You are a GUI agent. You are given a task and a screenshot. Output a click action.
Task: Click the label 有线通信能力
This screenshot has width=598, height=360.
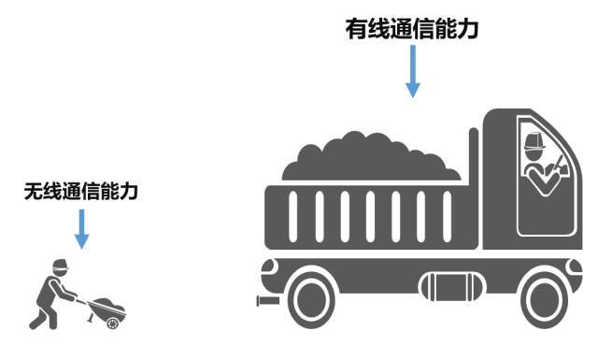click(x=412, y=29)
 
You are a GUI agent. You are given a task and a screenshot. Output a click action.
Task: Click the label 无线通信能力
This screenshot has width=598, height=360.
click(x=81, y=192)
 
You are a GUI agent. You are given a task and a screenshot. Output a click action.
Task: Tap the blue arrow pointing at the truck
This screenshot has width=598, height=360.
click(x=412, y=72)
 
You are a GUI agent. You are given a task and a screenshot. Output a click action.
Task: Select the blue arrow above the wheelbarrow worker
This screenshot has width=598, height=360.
click(x=81, y=228)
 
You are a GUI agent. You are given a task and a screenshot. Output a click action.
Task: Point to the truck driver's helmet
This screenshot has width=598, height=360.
click(x=534, y=141)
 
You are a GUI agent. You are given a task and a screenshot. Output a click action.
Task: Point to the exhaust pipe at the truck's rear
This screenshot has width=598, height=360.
click(x=267, y=301)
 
